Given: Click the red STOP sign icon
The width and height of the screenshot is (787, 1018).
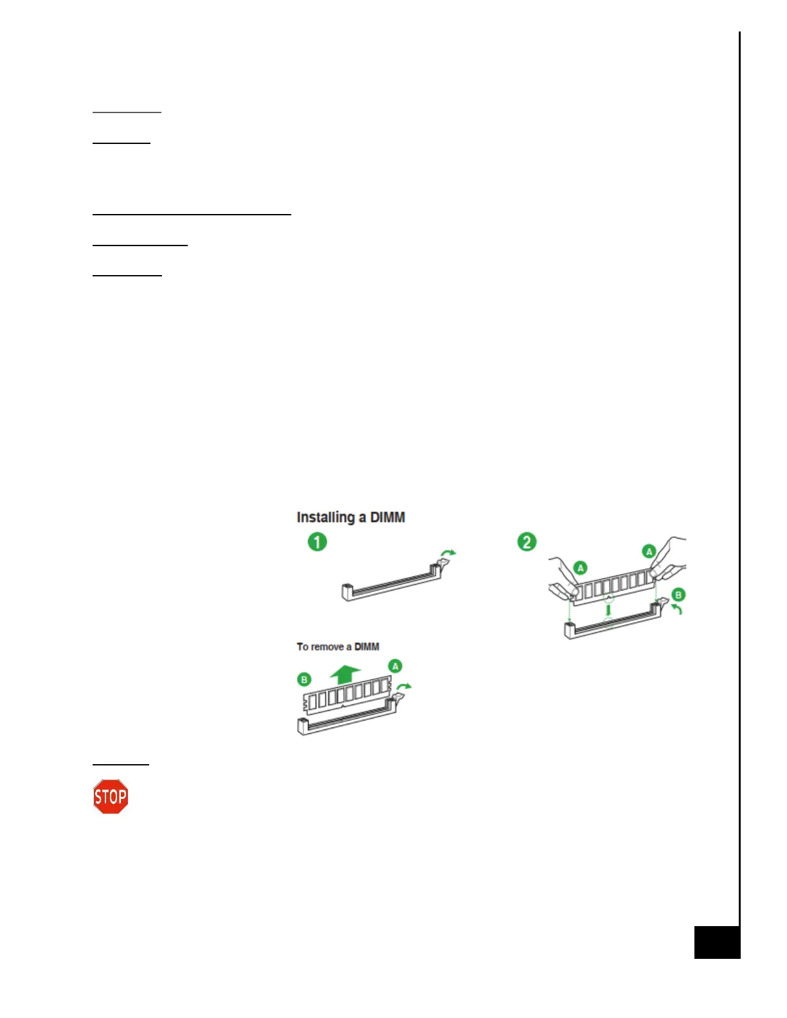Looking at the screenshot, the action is [x=111, y=797].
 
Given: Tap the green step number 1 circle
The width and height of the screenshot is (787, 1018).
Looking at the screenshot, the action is [x=317, y=542].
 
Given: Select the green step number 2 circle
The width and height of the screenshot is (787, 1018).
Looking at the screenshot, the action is [x=527, y=542].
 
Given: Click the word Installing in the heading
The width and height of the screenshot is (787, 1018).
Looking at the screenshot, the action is [x=325, y=517].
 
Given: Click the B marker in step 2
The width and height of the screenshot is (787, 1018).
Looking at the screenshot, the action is [x=678, y=594].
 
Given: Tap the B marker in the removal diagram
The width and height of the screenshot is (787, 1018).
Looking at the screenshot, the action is [x=304, y=679].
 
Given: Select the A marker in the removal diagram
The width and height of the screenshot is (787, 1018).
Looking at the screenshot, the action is [x=395, y=666].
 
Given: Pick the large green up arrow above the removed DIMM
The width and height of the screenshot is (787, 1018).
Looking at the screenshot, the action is [x=345, y=674].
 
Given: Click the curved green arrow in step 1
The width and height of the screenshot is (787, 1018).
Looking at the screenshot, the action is [x=448, y=553].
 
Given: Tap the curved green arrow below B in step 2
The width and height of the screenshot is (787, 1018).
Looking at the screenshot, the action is [x=676, y=609].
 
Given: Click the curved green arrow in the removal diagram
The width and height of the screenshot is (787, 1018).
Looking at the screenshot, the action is [x=404, y=687].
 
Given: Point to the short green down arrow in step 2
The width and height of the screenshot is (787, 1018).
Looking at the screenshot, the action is [x=608, y=607].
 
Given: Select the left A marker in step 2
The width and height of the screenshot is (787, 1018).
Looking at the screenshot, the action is [x=581, y=567].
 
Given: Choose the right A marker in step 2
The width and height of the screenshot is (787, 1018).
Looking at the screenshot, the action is [x=649, y=551].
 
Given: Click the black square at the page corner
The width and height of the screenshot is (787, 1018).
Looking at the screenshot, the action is [x=716, y=942].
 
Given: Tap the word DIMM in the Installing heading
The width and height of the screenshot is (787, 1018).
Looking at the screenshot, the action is [x=388, y=517].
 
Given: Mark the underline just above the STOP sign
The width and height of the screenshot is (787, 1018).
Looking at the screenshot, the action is [x=121, y=764].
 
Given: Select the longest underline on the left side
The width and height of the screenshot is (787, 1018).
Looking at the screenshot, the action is [x=192, y=213].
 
